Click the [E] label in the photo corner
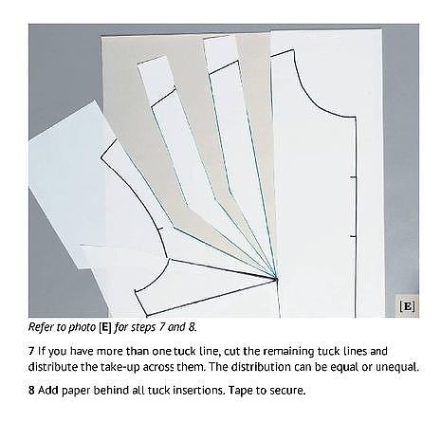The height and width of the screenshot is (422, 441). [407, 306]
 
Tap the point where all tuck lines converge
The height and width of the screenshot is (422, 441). [276, 279]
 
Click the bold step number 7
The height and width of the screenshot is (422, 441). [31, 351]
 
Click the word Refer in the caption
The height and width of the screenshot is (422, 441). [40, 327]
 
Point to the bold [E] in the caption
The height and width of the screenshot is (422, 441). [105, 327]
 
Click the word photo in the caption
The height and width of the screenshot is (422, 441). [82, 327]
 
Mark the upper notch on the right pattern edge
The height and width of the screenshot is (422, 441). [354, 177]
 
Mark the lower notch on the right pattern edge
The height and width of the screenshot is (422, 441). [354, 236]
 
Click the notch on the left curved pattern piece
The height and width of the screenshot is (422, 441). [160, 229]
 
